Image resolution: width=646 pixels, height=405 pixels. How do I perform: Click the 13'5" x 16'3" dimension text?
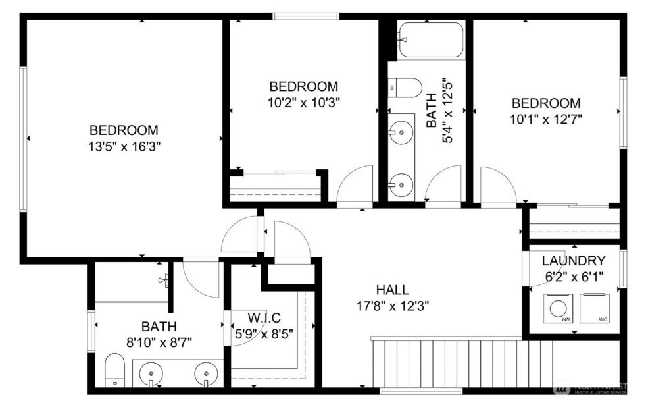click(124, 146)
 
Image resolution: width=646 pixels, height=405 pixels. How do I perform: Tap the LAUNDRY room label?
click(574, 260)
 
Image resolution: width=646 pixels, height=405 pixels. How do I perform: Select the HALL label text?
click(392, 290)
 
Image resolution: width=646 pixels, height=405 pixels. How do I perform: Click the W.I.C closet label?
click(264, 317)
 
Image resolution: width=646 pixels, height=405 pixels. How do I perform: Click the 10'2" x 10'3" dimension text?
click(304, 102)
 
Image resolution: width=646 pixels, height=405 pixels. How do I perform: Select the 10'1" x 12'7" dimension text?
click(546, 119)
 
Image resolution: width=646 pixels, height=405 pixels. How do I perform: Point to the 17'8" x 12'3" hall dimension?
click(392, 306)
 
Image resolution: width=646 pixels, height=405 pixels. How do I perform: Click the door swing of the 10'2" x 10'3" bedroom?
click(355, 185)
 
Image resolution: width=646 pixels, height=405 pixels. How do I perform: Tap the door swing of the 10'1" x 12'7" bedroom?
click(497, 186)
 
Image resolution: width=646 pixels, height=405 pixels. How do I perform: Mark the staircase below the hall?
click(447, 364)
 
